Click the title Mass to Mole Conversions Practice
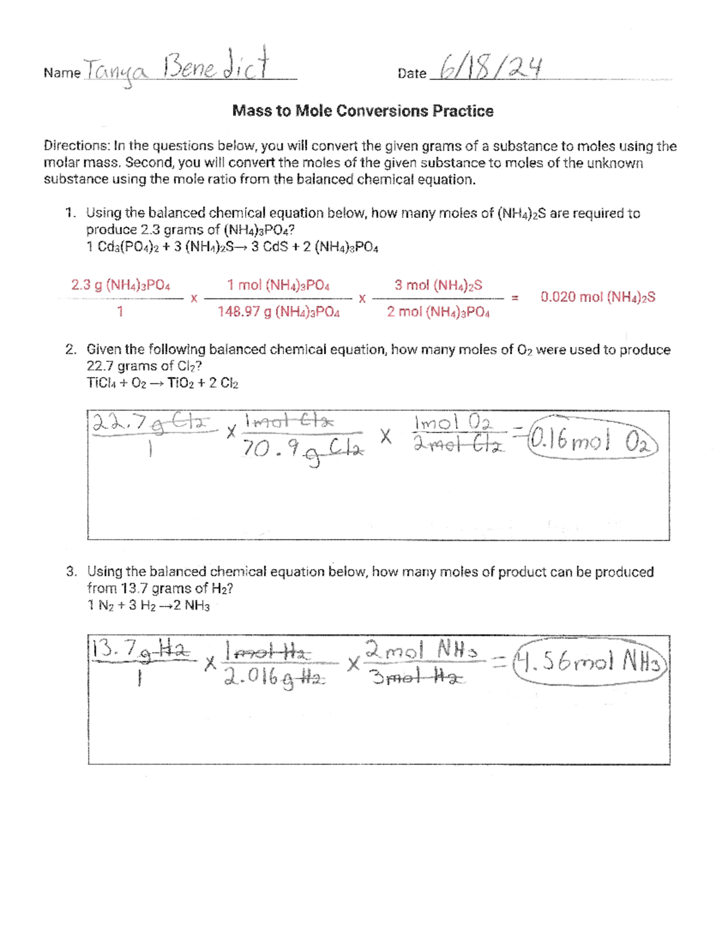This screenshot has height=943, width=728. click(x=363, y=111)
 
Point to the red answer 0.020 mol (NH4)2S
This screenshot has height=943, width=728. click(x=598, y=297)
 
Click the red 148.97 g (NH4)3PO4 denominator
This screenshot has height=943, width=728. click(x=278, y=312)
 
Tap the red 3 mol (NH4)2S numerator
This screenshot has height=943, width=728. click(x=438, y=285)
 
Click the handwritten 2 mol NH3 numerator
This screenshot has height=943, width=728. click(x=421, y=651)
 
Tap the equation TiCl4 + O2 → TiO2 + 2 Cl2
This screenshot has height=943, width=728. click(x=163, y=383)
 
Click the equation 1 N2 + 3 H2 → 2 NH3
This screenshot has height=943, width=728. click(x=149, y=605)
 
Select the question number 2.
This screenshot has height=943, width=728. click(x=71, y=350)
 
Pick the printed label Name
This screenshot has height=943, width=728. click(x=62, y=73)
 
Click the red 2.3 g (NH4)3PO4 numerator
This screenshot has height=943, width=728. click(x=121, y=285)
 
